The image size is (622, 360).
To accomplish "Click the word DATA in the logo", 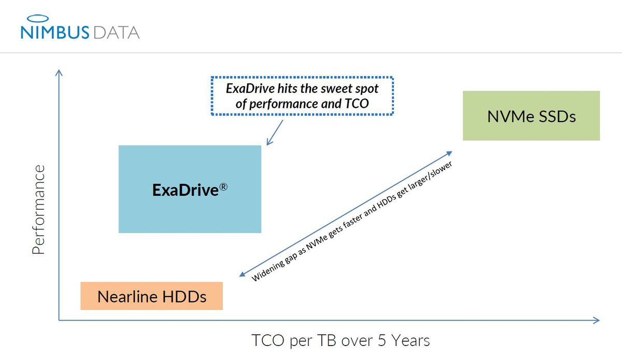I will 117,33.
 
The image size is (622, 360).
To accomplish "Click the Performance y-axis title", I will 37,210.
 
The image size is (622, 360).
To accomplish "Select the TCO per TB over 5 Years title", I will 341,341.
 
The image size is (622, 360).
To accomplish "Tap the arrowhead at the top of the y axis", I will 59,73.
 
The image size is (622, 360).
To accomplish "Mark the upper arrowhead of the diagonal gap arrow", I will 449,153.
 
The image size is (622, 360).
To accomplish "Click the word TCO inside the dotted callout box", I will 356,104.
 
